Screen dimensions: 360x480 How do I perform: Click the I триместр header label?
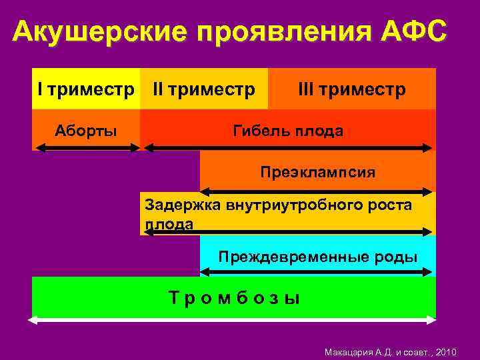tap(85, 89)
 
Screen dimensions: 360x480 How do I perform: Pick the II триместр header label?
tap(204, 89)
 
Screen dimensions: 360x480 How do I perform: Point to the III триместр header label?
tap(351, 89)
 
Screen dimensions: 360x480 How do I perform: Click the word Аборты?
tap(85, 130)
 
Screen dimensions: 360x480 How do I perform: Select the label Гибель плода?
tap(288, 131)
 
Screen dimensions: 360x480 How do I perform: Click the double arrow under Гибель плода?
tap(288, 147)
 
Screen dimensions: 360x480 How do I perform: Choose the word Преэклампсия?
tap(317, 173)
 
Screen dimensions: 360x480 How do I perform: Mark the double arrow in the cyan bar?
tap(317, 272)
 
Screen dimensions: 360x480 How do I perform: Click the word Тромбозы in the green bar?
tap(234, 298)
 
